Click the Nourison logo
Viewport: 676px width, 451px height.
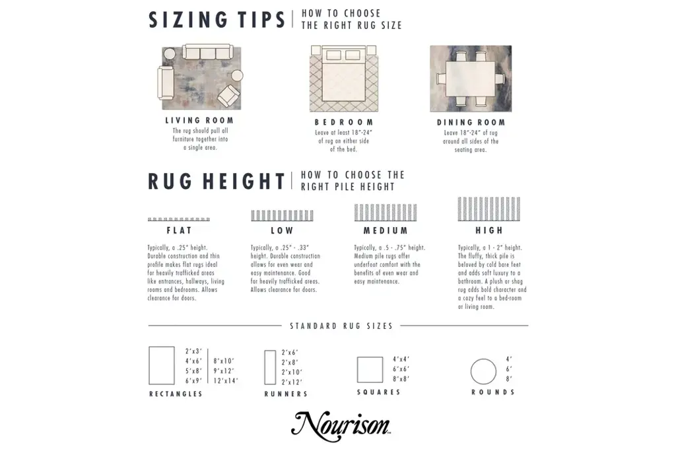pos(341,426)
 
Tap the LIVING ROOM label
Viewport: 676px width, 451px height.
pos(199,120)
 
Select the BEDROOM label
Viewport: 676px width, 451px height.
pos(344,122)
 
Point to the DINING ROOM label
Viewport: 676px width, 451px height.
pos(471,122)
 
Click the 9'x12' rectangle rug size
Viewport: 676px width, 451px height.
pos(224,371)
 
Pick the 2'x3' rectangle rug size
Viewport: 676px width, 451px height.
pos(193,351)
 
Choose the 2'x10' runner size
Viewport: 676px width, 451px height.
pos(292,372)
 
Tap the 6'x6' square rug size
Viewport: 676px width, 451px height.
pos(401,369)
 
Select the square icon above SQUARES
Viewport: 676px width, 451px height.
pos(357,370)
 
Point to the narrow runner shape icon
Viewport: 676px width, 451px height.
pos(265,367)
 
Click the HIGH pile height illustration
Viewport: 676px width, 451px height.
pos(489,209)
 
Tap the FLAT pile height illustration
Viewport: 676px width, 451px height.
pos(179,219)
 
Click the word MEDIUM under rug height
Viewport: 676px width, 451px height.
pos(386,230)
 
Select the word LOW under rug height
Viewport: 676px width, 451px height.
pos(282,230)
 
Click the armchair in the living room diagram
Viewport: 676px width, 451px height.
pos(228,96)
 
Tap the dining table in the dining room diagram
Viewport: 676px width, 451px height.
pos(470,79)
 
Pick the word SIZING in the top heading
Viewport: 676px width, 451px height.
pos(187,20)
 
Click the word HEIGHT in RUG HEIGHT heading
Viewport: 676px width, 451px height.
pos(244,181)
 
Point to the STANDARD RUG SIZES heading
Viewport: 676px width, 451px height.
pos(341,326)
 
